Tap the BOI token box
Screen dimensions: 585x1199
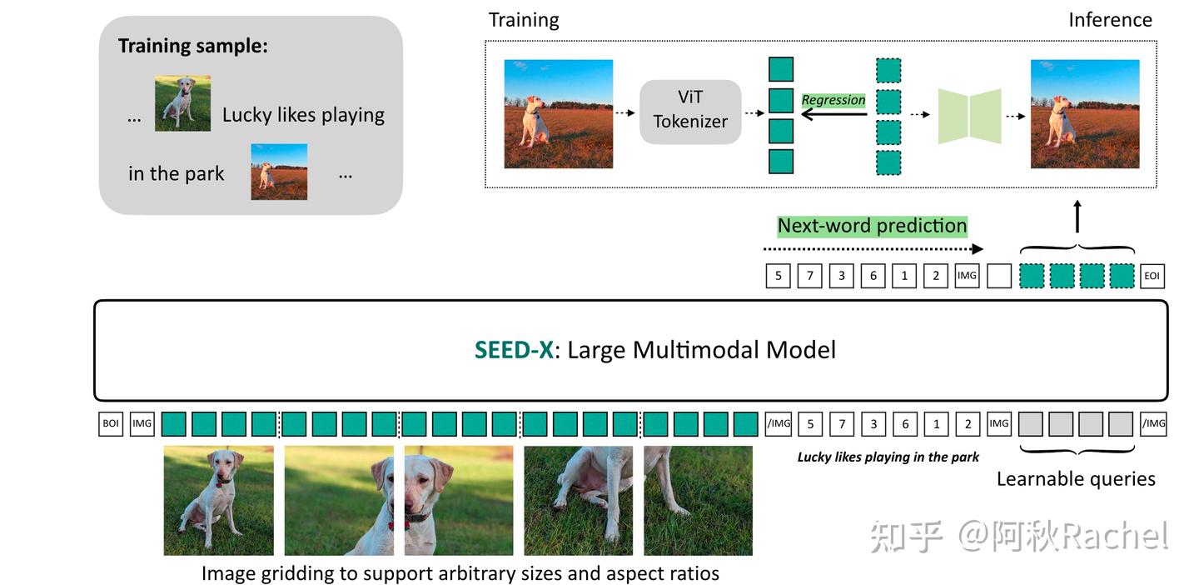[x=111, y=424]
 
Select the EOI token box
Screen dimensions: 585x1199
[x=1152, y=276]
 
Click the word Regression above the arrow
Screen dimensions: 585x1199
[x=833, y=100]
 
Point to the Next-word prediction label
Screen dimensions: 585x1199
[x=872, y=226]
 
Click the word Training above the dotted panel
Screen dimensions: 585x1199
[x=524, y=20]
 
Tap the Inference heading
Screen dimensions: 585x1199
[x=1110, y=20]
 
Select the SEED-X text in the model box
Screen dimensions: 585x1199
[x=514, y=350]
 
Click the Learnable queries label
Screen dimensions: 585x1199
[x=1076, y=479]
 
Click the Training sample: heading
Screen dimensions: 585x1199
[x=193, y=46]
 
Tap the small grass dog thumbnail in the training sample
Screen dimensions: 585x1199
[x=182, y=103]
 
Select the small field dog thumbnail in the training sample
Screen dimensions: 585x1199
[x=279, y=172]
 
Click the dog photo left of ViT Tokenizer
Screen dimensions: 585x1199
[x=558, y=114]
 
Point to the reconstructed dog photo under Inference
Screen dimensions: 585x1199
[x=1085, y=114]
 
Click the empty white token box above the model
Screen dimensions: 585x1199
[x=998, y=276]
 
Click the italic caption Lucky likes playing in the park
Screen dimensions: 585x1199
[x=888, y=457]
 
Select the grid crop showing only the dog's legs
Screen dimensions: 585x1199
[x=698, y=500]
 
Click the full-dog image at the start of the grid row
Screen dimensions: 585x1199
[x=218, y=500]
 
